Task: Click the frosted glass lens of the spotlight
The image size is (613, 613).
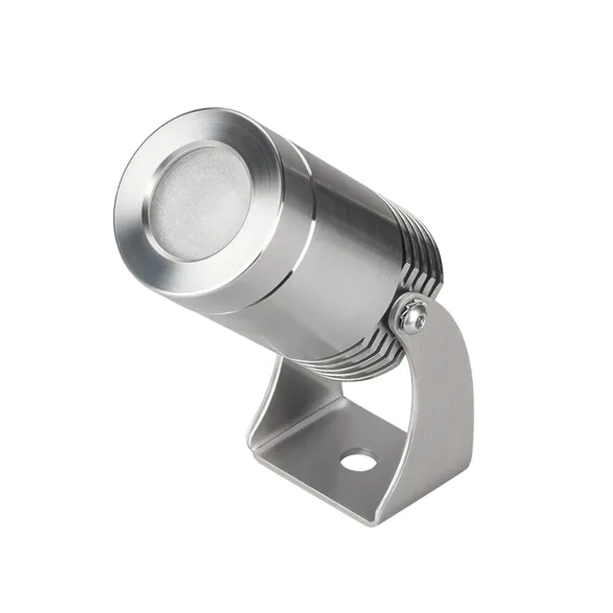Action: click(x=200, y=202)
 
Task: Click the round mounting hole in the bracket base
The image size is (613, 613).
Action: click(x=359, y=460)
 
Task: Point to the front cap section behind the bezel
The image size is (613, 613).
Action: click(x=276, y=270)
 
